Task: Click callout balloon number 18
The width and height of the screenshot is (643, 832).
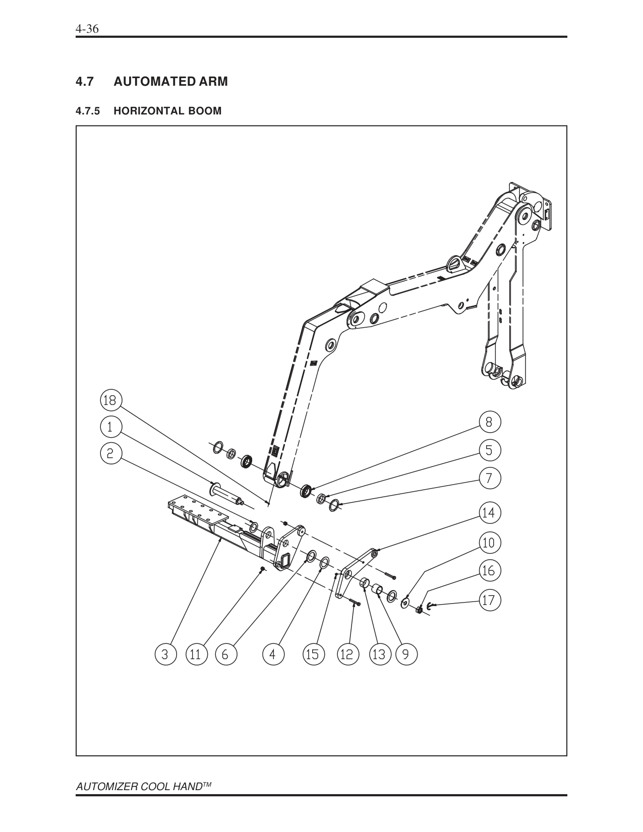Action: pyautogui.click(x=109, y=400)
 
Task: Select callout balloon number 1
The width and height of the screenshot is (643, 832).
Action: pyautogui.click(x=109, y=427)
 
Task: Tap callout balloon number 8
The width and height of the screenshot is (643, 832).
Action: pyautogui.click(x=489, y=422)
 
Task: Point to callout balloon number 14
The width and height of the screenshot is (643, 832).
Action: pyautogui.click(x=489, y=513)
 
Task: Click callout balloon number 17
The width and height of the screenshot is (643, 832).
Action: pyautogui.click(x=489, y=601)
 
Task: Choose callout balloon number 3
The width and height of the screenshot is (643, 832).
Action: pyautogui.click(x=165, y=655)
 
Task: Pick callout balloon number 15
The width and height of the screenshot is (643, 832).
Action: pyautogui.click(x=312, y=655)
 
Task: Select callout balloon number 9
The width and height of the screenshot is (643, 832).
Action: pyautogui.click(x=406, y=655)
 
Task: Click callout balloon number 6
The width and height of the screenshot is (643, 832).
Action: pyautogui.click(x=225, y=655)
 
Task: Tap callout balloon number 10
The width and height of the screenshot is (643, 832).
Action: pyautogui.click(x=489, y=543)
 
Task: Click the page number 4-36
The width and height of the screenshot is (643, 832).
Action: pyautogui.click(x=86, y=29)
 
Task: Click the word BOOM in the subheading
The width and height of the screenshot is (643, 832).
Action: pyautogui.click(x=205, y=111)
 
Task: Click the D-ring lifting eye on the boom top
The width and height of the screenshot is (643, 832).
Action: pyautogui.click(x=454, y=264)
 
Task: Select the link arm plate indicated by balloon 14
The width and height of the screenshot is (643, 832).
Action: pyautogui.click(x=355, y=573)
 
